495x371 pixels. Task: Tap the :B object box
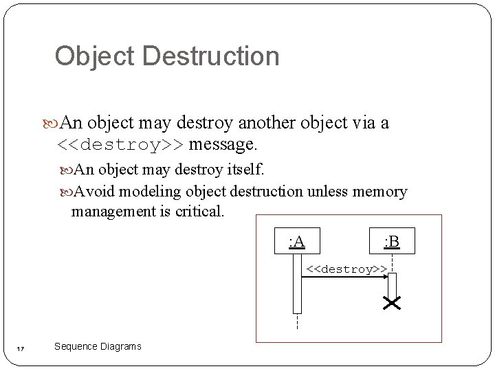tap(392, 240)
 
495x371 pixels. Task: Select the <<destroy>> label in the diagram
tap(346, 269)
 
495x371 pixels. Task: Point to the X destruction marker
tap(392, 303)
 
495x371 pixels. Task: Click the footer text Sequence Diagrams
tap(98, 346)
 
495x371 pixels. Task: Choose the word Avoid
tap(93, 192)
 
